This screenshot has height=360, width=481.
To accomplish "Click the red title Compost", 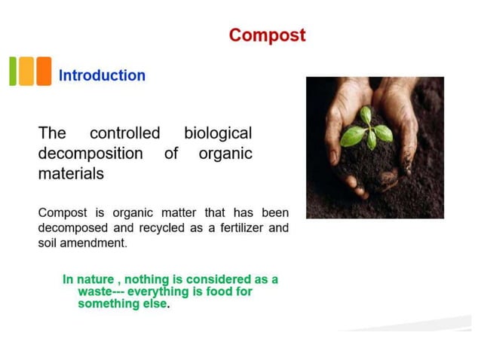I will click(267, 35).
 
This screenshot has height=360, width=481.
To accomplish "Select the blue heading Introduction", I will click(102, 75).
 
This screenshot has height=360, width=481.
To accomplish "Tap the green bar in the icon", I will click(13, 72).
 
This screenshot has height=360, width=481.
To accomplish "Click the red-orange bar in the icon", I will click(44, 72).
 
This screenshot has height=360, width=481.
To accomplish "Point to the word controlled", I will click(124, 134).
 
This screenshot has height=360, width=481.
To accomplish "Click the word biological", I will click(218, 134).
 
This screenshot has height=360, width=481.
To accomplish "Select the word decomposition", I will click(90, 154).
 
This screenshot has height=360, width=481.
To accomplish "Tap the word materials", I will click(71, 173).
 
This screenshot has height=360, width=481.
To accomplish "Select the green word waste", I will click(96, 291).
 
